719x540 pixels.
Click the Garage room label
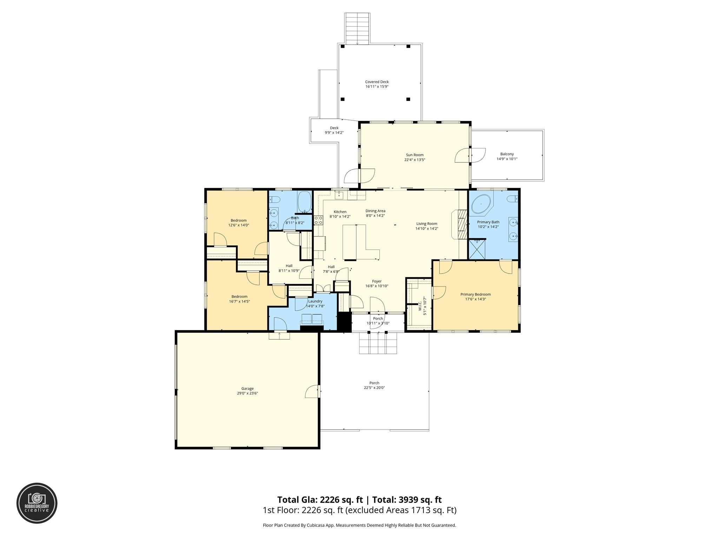247,388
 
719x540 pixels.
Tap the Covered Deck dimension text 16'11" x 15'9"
377,86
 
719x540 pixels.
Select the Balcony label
507,154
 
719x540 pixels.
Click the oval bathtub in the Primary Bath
481,205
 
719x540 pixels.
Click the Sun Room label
414,155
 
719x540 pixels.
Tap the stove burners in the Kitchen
318,220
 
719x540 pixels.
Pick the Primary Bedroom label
475,294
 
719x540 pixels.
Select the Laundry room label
315,301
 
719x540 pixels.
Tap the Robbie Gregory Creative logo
37,503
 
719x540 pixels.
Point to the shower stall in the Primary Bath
477,250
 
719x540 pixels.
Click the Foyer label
377,281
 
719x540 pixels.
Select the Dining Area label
375,211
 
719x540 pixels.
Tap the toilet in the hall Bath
275,200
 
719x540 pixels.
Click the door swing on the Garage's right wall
312,391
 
